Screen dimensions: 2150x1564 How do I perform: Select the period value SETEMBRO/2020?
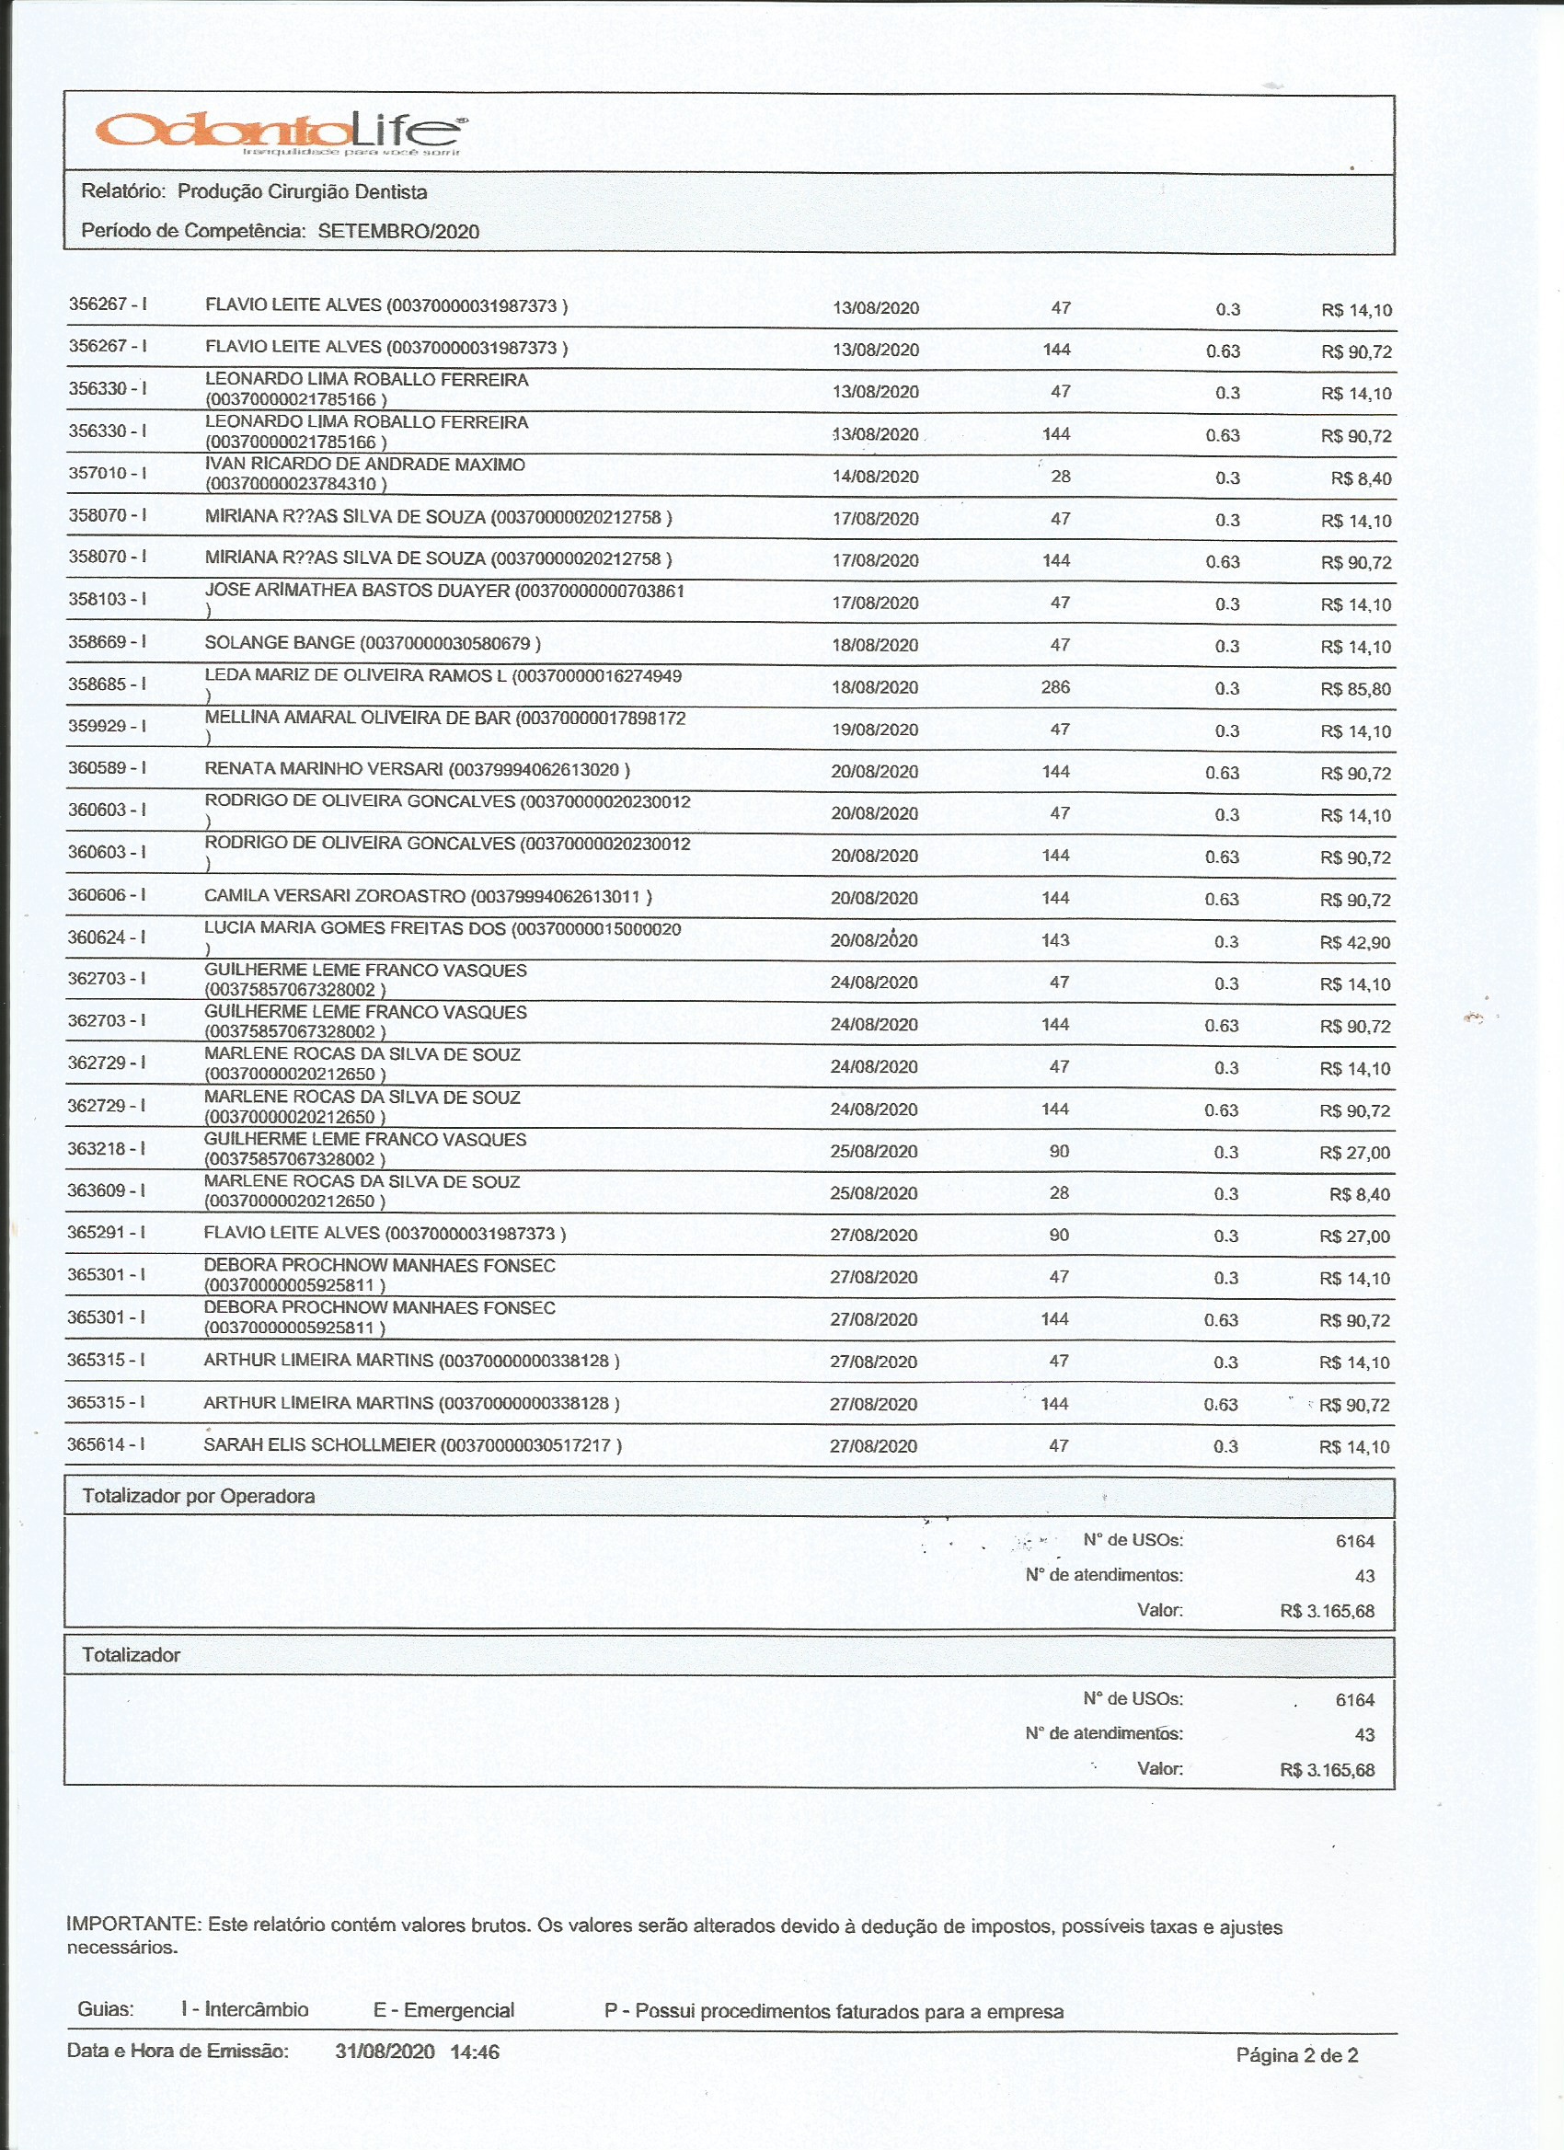pos(398,231)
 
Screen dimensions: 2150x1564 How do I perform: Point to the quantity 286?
pos(1056,687)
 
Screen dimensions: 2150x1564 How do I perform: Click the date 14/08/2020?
pos(875,477)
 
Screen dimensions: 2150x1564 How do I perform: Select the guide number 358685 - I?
pos(106,684)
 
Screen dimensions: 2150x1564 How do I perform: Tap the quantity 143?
pos(1055,940)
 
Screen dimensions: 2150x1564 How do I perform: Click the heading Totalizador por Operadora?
pos(198,1496)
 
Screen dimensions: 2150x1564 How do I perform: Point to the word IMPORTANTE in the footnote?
pos(133,1926)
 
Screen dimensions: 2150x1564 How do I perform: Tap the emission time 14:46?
pos(475,2052)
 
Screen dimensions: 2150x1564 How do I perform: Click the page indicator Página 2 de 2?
pos(1296,2055)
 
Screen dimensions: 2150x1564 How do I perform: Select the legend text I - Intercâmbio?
pos(245,2009)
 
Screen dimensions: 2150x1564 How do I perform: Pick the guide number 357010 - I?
pos(106,473)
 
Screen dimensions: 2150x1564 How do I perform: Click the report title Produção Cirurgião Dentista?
pos(303,191)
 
